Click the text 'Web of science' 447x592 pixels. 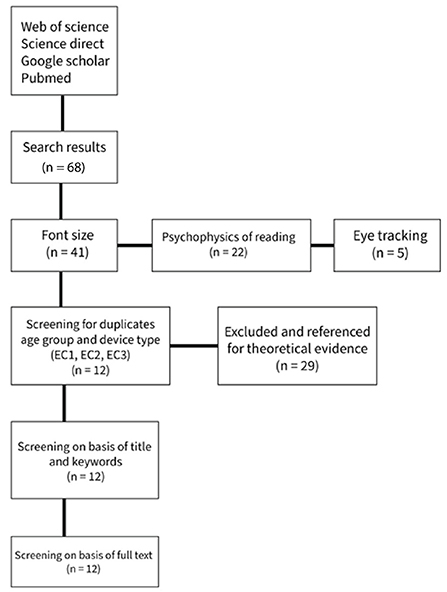(x=65, y=27)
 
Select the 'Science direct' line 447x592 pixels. (x=62, y=44)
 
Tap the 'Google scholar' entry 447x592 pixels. (x=65, y=61)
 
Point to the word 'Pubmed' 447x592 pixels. (x=46, y=78)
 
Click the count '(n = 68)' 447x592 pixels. (x=64, y=167)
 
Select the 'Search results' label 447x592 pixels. (x=64, y=147)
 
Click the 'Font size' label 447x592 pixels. (x=68, y=235)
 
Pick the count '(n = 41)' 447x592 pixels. (x=68, y=252)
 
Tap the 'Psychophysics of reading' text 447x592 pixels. (x=229, y=237)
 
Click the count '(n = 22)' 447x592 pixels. (x=228, y=252)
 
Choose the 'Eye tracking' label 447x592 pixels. (x=390, y=236)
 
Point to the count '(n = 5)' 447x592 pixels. (x=390, y=253)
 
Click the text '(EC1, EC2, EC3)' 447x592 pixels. (x=90, y=355)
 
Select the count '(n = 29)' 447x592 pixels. (x=297, y=366)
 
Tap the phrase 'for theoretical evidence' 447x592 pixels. (x=297, y=348)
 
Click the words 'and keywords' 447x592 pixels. (x=86, y=461)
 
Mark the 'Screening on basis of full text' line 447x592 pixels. (x=83, y=555)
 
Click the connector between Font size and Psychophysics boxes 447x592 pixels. (x=135, y=245)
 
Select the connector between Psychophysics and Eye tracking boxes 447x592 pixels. (x=322, y=245)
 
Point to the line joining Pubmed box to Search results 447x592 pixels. (x=62, y=113)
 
